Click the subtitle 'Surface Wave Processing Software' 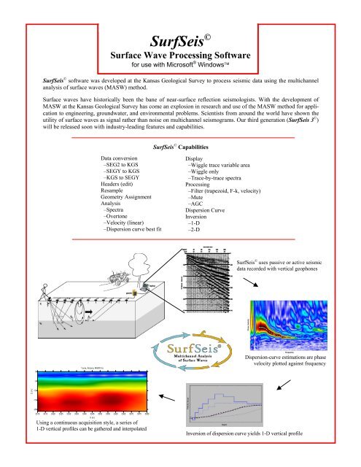[179, 55]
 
